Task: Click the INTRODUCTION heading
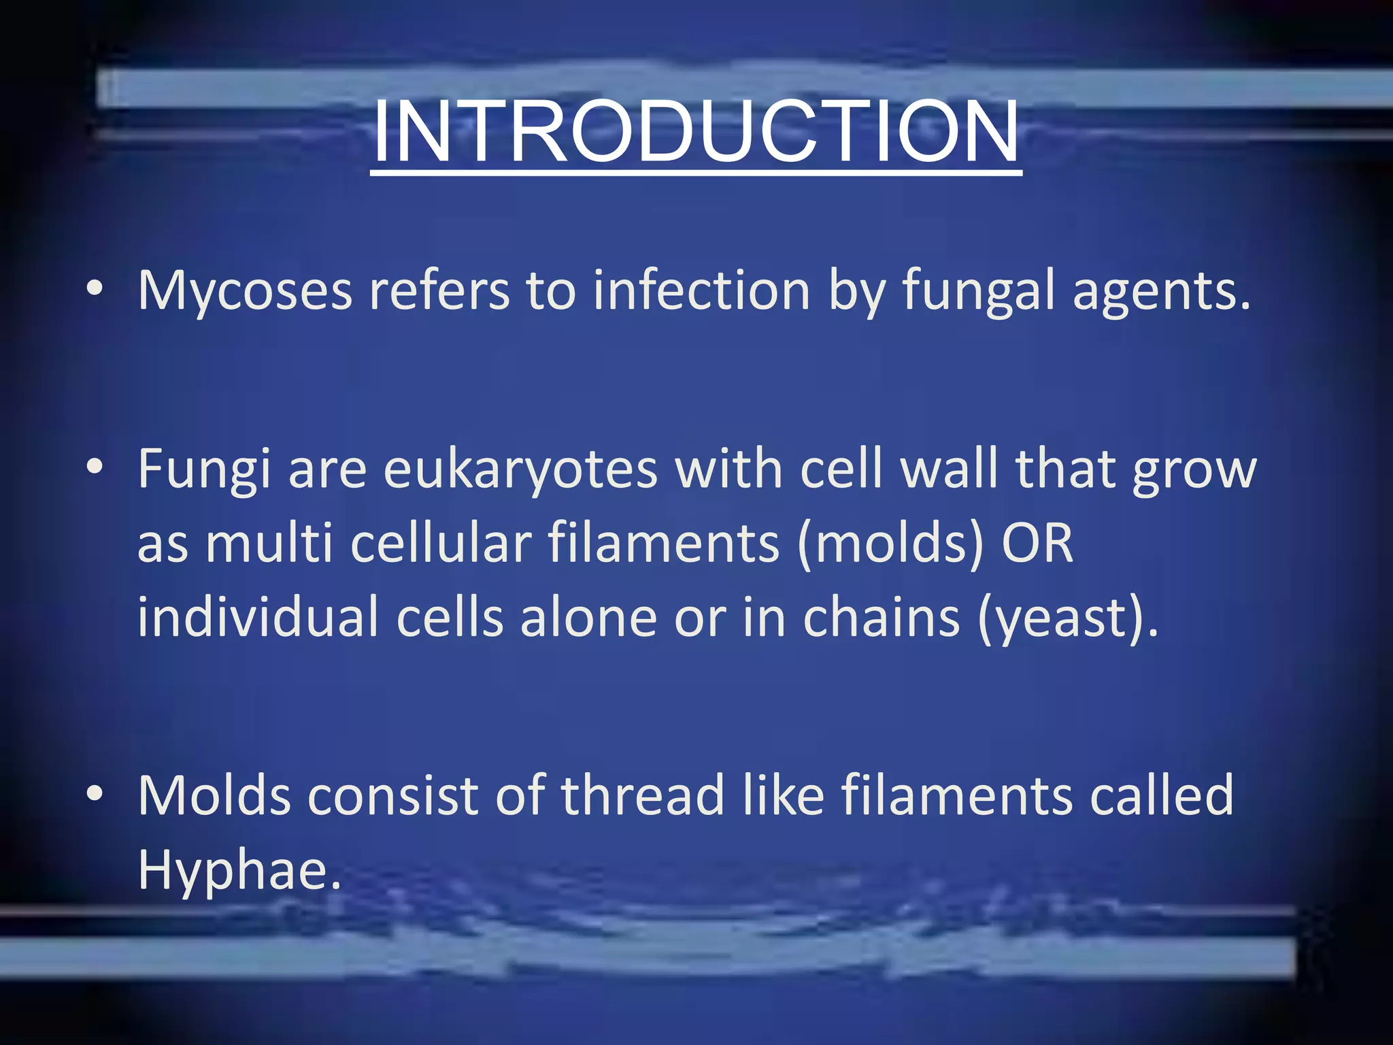tap(696, 132)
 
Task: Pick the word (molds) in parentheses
tap(890, 544)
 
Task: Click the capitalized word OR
tap(1037, 544)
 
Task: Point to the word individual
tap(258, 618)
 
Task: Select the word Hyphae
tap(238, 871)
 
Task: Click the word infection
tap(701, 291)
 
